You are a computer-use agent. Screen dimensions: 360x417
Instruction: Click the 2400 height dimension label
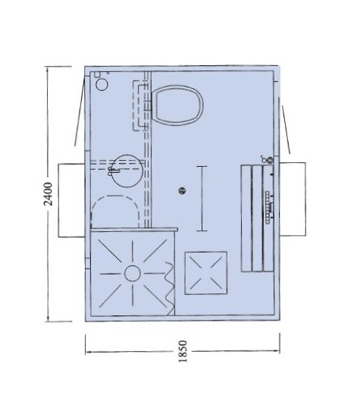48,194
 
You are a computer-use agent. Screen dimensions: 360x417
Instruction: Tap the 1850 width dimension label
183,351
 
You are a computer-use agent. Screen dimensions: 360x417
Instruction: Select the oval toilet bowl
177,105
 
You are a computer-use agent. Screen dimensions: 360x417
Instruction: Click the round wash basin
127,171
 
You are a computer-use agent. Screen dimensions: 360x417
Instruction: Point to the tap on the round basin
113,171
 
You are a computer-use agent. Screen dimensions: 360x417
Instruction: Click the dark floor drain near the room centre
182,190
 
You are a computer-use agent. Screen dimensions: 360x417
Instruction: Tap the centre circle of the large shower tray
132,274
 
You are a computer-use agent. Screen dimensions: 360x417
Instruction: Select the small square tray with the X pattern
206,273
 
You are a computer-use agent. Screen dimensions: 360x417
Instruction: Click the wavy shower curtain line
169,289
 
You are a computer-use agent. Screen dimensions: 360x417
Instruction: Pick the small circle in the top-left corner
102,85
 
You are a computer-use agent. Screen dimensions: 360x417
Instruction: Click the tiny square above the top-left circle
97,74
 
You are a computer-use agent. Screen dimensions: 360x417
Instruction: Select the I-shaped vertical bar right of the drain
202,199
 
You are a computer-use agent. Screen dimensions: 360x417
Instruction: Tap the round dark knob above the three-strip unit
270,160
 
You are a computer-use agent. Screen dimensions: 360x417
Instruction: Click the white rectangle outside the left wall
71,200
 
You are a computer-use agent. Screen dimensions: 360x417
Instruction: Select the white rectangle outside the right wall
293,199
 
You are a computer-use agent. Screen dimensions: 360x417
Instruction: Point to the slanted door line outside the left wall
80,111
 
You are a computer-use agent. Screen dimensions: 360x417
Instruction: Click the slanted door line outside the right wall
286,130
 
